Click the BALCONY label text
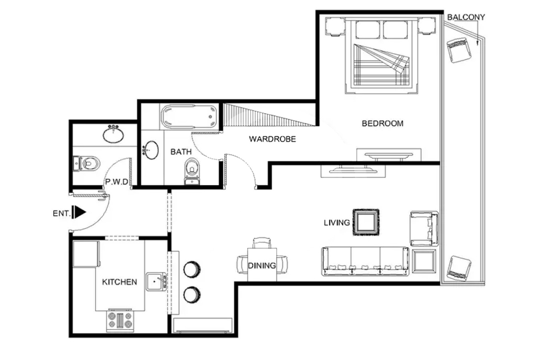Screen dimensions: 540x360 coord(466,17)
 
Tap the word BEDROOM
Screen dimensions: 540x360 coord(382,124)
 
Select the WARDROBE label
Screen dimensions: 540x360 coord(272,139)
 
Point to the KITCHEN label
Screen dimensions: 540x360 coord(119,282)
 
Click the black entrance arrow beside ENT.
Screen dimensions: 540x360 coord(80,212)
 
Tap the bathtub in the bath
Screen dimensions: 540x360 coord(189,117)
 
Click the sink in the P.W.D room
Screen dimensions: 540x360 coord(113,134)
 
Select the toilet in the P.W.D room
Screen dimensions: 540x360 coord(86,164)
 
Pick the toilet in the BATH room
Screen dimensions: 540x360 coord(192,171)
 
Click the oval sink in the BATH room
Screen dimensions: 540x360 coord(151,150)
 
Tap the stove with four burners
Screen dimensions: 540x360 coord(120,320)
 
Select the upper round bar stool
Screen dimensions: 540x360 coord(192,269)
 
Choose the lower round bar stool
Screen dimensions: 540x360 coord(192,295)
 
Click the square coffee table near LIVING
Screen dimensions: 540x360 coord(366,222)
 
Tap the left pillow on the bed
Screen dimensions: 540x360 coord(368,30)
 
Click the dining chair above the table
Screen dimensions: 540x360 coord(262,242)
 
